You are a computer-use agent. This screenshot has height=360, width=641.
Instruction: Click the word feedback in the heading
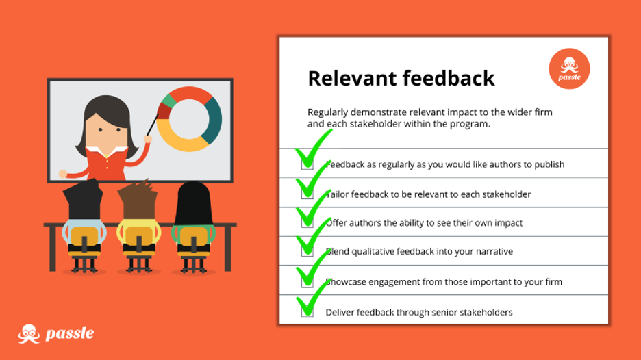[x=449, y=78]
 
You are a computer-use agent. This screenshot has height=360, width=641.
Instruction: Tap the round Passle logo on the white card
[x=569, y=68]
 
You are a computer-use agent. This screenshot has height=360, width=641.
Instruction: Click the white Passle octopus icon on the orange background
[x=29, y=334]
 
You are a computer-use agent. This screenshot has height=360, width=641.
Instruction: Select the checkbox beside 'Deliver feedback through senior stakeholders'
[x=307, y=311]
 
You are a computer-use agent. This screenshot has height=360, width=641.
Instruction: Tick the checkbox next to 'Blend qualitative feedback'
[x=307, y=250]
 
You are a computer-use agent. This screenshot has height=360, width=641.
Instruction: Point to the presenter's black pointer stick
[x=153, y=125]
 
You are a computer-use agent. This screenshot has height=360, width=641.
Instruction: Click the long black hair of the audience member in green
[x=193, y=203]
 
